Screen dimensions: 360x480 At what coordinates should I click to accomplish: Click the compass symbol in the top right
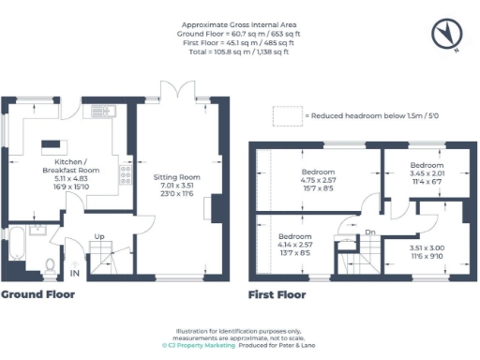coord(446,34)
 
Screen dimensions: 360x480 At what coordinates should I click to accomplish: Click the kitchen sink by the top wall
coord(100,112)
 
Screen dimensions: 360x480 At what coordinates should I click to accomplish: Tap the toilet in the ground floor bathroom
coord(51,263)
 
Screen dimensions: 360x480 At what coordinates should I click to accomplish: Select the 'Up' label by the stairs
coord(98,237)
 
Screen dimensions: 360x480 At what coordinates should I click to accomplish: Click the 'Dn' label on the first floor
coord(372,232)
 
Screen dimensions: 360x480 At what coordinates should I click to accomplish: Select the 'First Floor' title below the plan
coord(277,294)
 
